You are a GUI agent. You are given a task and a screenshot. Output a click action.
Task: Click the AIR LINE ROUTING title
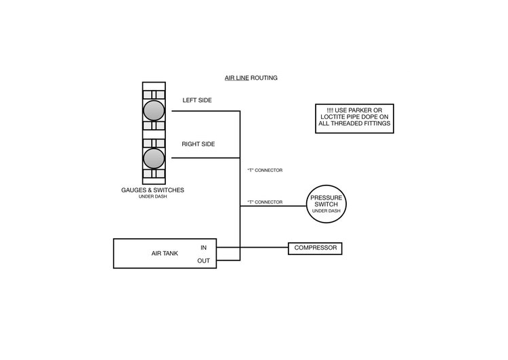pyautogui.click(x=251, y=78)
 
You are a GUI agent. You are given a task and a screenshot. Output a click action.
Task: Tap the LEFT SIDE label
pyautogui.click(x=197, y=100)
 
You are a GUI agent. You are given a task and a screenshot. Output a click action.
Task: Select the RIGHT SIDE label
pyautogui.click(x=198, y=144)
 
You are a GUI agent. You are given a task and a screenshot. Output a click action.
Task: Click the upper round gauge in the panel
pyautogui.click(x=154, y=110)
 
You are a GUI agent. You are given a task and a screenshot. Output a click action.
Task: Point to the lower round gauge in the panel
pyautogui.click(x=154, y=158)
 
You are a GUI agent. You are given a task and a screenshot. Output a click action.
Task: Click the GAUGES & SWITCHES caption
pyautogui.click(x=152, y=190)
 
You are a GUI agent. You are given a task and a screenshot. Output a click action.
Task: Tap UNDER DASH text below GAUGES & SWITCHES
pyautogui.click(x=153, y=196)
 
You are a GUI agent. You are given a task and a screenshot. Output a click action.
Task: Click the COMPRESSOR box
pyautogui.click(x=315, y=248)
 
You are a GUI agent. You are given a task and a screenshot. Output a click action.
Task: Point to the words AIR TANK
pyautogui.click(x=165, y=253)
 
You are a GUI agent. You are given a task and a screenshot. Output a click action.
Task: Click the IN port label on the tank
pyautogui.click(x=203, y=248)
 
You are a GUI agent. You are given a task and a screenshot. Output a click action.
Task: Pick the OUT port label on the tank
pyautogui.click(x=203, y=261)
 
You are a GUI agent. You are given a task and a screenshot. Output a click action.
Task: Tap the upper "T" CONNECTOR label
pyautogui.click(x=265, y=171)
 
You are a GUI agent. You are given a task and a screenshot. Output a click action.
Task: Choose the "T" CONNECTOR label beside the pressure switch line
pyautogui.click(x=265, y=202)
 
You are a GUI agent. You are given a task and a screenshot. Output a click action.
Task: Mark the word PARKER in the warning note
pyautogui.click(x=361, y=110)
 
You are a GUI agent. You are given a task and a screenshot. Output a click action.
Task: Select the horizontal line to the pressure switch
pyautogui.click(x=273, y=206)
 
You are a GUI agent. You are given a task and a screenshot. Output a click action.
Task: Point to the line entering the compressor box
pyautogui.click(x=264, y=248)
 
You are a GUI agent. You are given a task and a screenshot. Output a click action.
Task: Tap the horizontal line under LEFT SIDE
pyautogui.click(x=206, y=111)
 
